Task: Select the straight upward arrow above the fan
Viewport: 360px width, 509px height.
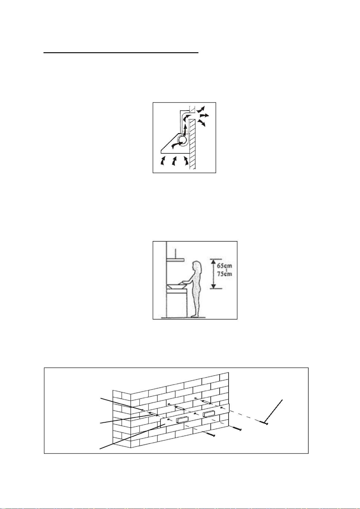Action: pos(185,130)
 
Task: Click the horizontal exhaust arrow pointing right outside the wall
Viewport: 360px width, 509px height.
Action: pos(204,115)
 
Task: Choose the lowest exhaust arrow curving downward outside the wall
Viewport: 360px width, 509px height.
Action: pos(202,123)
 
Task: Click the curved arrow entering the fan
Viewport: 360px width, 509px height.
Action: pos(177,144)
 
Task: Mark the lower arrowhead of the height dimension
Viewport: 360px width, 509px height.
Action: pos(213,285)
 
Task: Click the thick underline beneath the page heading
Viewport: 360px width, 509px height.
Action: pos(121,53)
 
